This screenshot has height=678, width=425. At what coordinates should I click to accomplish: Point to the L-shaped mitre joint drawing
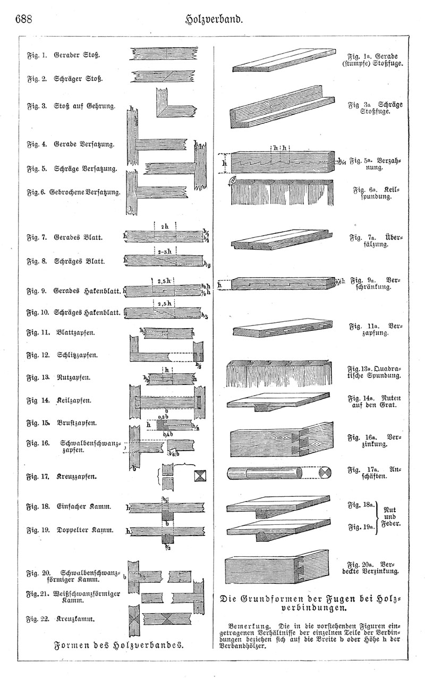tap(170, 105)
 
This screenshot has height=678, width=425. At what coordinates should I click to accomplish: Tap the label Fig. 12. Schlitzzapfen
tap(69, 355)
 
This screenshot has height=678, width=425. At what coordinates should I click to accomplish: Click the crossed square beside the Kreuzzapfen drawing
tap(202, 476)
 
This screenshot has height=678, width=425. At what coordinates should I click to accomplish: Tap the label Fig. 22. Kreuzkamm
tap(64, 619)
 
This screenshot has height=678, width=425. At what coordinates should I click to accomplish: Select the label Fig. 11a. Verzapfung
tap(375, 329)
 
